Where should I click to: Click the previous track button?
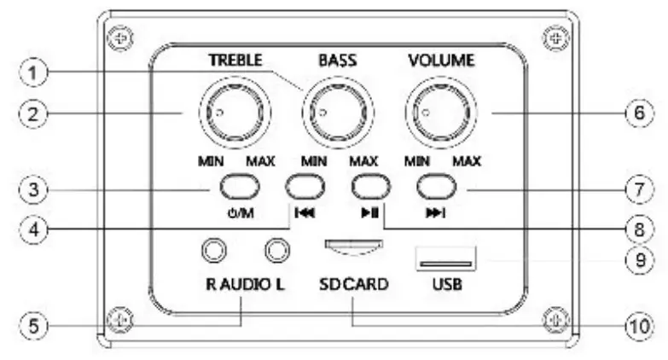305,187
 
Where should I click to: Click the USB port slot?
445,258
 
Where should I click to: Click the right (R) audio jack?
213,249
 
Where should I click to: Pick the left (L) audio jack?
276,249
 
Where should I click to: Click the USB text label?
446,282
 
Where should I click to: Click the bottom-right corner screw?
555,317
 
